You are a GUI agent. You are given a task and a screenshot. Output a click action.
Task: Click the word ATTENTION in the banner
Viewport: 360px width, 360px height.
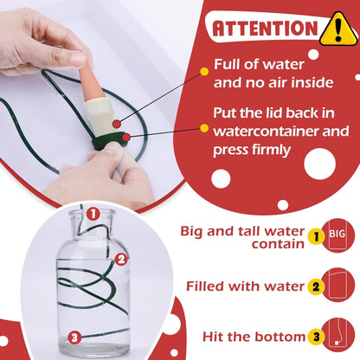pos(265,29)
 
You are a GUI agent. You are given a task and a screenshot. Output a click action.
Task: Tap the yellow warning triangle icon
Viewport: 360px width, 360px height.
pos(338,29)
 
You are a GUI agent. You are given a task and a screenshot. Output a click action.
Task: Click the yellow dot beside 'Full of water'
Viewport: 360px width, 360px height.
pos(204,72)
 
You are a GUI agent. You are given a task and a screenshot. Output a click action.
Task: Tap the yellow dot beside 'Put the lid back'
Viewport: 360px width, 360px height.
pos(204,128)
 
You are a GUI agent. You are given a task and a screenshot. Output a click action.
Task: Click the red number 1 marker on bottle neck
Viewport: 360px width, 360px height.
pos(93,214)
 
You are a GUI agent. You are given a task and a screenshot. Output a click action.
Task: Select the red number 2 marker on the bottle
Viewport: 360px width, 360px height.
pos(121,260)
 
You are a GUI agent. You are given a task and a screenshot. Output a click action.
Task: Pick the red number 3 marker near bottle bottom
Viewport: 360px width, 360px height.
pos(74,337)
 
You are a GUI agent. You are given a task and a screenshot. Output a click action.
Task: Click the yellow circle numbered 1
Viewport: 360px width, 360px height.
pos(316,236)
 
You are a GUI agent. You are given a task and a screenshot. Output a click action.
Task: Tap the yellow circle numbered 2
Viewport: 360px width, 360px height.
pos(316,286)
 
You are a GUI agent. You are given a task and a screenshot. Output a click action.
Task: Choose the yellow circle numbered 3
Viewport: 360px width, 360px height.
pos(316,337)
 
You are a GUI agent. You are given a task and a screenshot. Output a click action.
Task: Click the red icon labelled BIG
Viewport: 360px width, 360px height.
pos(337,235)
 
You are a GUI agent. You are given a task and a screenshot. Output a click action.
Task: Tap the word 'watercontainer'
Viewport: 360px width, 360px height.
pos(266,132)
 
